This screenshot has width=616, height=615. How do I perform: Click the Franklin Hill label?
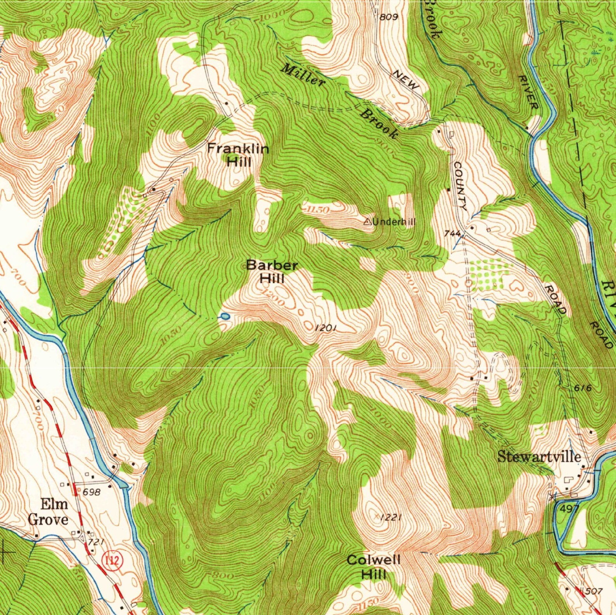238,154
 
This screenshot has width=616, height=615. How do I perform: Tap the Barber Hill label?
272,272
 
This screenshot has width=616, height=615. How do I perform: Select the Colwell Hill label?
374,566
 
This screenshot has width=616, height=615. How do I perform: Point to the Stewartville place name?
539,457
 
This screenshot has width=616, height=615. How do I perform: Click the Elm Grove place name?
48,511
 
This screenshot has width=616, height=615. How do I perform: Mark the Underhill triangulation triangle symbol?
367,222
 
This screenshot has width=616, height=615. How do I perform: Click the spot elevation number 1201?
325,328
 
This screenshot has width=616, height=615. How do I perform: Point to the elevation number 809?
389,17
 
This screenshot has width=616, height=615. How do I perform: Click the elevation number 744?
452,233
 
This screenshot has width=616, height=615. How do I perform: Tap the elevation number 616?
582,388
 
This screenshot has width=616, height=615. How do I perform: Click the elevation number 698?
92,492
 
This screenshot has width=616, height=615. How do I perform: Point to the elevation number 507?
594,591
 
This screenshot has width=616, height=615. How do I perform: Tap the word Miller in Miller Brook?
303,75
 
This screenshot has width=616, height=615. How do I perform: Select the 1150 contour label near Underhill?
317,210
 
